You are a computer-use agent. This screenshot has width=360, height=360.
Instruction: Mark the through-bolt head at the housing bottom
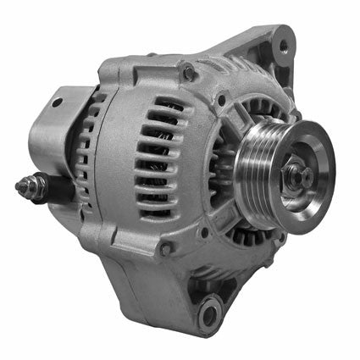(166, 247)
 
